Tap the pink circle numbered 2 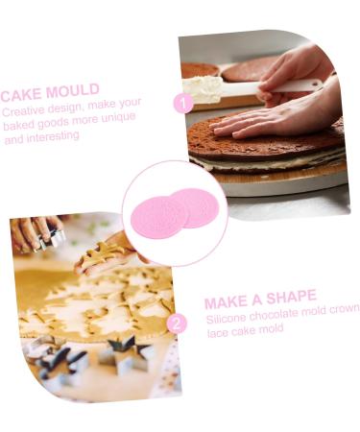[176, 324]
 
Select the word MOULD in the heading [73, 92]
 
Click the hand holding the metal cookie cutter [34, 232]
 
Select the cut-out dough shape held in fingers [97, 255]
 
